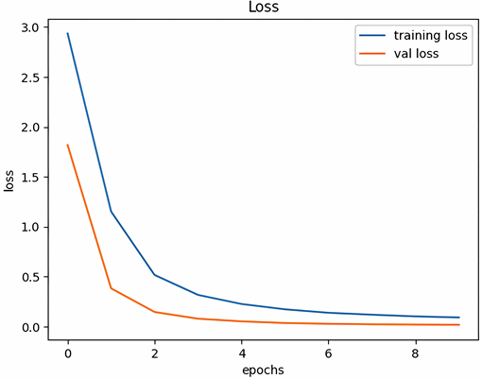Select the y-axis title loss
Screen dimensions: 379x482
(10, 180)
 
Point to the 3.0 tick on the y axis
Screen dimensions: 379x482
(31, 27)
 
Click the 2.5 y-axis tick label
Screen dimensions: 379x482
(31, 78)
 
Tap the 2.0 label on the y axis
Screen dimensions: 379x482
(31, 128)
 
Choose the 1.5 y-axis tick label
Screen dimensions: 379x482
(31, 178)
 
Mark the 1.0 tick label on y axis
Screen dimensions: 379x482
(31, 228)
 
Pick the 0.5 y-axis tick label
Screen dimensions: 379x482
(31, 278)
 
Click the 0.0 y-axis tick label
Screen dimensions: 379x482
(31, 328)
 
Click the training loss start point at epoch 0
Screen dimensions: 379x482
(67, 33)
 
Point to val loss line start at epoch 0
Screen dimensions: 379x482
(67, 145)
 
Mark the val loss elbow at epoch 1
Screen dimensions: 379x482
(111, 288)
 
